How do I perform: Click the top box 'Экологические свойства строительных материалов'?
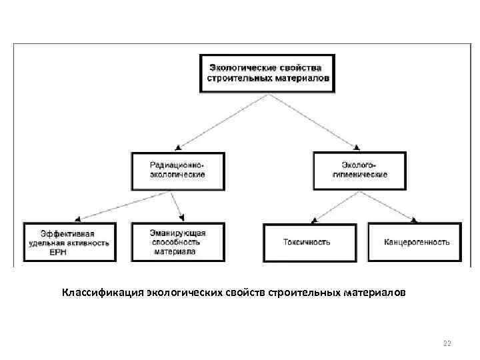268,73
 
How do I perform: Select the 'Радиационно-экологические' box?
177,170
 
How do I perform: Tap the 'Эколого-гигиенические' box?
359,170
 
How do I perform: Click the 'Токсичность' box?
306,243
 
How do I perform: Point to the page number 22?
447,343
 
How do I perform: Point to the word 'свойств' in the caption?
246,293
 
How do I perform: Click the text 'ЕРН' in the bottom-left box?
58,253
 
